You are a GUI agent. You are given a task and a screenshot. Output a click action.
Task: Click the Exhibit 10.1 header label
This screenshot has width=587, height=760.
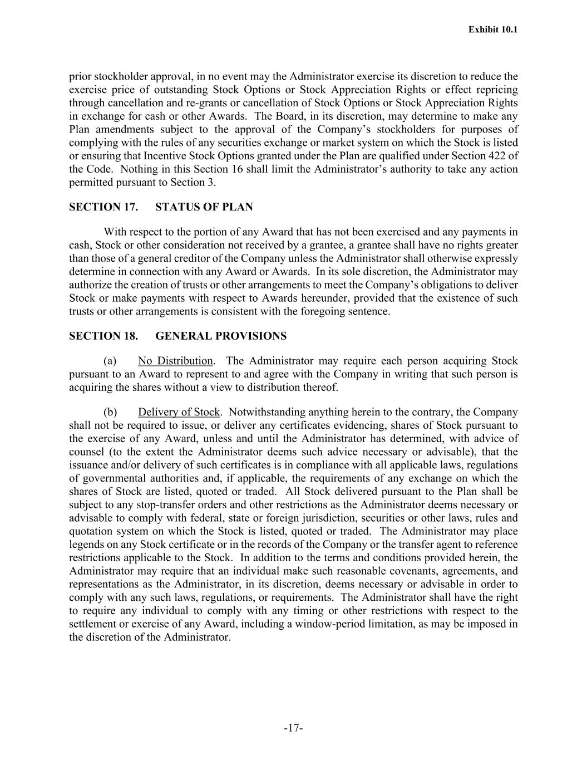(493, 30)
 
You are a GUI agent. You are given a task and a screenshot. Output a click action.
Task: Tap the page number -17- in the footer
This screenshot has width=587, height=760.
(293, 728)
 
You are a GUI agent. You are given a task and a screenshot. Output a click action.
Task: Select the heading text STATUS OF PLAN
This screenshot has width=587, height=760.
(204, 208)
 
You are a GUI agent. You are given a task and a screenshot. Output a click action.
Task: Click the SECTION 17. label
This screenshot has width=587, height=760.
(103, 208)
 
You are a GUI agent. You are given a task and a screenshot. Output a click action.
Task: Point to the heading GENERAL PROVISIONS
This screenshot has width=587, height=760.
(221, 336)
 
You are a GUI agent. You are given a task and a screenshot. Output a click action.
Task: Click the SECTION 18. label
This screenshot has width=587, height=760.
(103, 336)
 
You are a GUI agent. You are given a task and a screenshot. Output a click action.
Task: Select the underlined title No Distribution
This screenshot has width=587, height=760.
(175, 361)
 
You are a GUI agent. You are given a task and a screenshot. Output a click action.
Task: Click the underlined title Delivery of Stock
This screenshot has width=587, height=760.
(179, 413)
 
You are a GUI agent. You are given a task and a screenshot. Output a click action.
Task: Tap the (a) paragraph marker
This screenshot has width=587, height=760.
(110, 361)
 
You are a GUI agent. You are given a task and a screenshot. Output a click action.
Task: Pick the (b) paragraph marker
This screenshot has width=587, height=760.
(110, 413)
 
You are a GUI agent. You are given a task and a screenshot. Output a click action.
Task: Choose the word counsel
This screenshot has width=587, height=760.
(86, 452)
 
